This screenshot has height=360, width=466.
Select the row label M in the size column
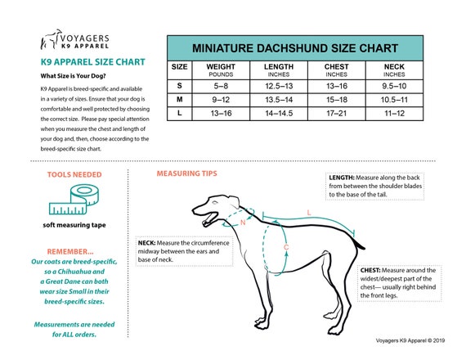tap(180, 98)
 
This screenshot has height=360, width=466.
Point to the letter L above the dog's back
tap(308, 213)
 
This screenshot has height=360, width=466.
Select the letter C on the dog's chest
tap(285, 246)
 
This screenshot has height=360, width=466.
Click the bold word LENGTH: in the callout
tap(342, 177)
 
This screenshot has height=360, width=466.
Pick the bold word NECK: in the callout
tap(148, 243)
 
